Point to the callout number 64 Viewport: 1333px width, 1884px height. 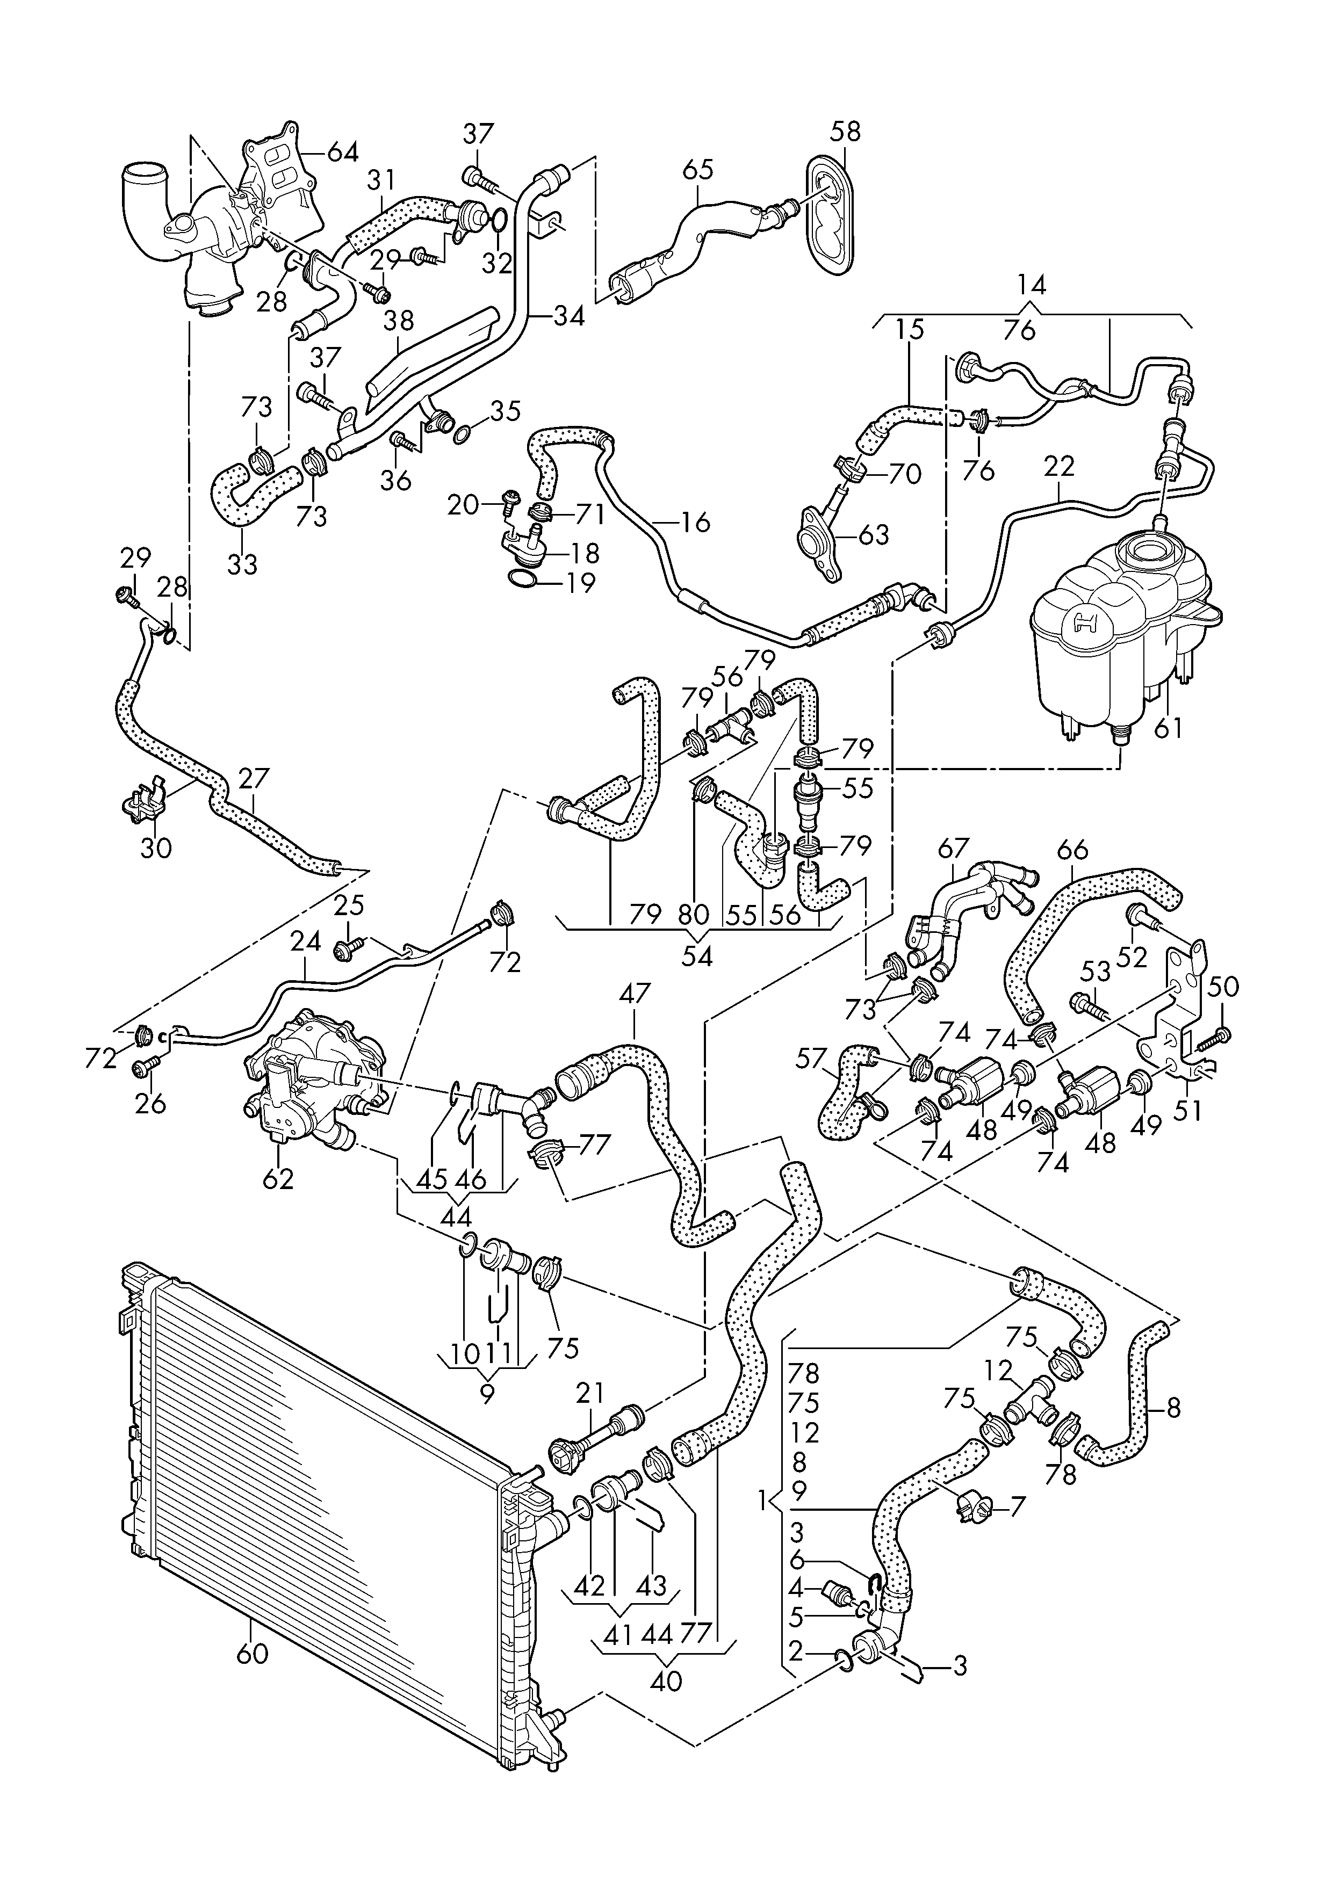(343, 152)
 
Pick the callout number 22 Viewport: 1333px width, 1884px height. (1059, 467)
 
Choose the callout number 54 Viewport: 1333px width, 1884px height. (698, 956)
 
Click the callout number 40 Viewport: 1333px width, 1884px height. (666, 1680)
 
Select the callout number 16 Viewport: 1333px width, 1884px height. (696, 523)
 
